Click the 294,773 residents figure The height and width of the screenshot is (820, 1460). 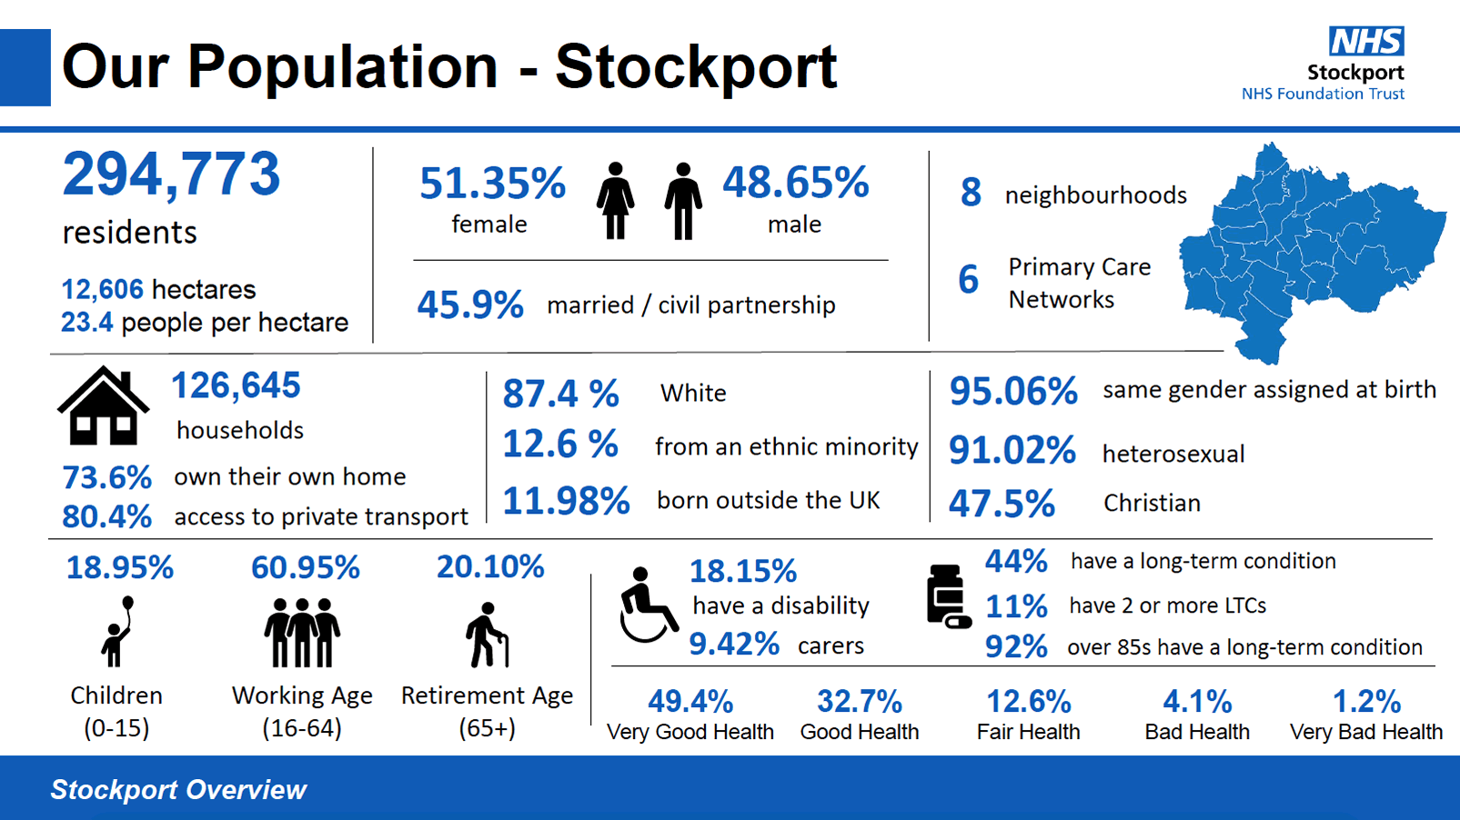171,175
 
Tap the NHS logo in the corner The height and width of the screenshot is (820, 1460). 1366,41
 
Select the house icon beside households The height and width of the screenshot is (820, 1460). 103,406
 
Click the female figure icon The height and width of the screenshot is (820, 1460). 616,201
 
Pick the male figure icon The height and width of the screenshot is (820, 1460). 682,201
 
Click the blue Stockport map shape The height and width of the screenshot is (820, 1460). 1310,245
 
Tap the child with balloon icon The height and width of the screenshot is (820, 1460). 118,631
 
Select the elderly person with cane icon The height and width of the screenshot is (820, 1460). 487,635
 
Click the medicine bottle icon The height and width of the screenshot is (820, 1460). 947,597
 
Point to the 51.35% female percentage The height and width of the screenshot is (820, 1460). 492,185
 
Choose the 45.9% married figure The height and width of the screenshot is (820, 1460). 469,305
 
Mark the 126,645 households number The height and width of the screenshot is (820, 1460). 236,385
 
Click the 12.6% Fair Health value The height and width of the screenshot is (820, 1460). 1029,702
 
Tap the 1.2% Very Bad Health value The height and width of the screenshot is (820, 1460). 1366,702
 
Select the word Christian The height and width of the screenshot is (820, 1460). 1152,503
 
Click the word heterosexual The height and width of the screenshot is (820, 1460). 1173,454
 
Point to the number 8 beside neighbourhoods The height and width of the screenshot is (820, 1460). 971,193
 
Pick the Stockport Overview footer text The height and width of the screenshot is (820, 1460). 178,789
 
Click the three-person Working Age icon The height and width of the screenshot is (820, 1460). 302,633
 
